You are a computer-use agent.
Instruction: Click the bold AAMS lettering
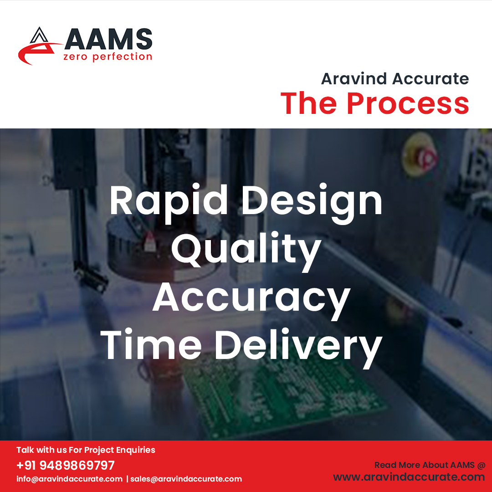coord(108,39)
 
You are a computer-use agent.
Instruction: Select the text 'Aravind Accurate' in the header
coord(395,79)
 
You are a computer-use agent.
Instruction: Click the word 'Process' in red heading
coord(408,104)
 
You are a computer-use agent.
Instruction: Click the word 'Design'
coord(312,201)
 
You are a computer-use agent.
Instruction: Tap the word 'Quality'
coord(246,250)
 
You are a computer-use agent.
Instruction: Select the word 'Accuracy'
coord(251,298)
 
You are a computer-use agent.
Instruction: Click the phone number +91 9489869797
coord(66,465)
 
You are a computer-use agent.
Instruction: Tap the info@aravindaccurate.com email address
coord(69,479)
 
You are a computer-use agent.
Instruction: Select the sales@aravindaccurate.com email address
coord(186,479)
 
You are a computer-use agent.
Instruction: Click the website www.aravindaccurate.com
coord(409,477)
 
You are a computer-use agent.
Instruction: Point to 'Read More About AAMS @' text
coord(430,465)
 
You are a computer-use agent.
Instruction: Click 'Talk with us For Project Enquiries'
coord(86,450)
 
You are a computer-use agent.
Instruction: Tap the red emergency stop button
coord(426,157)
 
